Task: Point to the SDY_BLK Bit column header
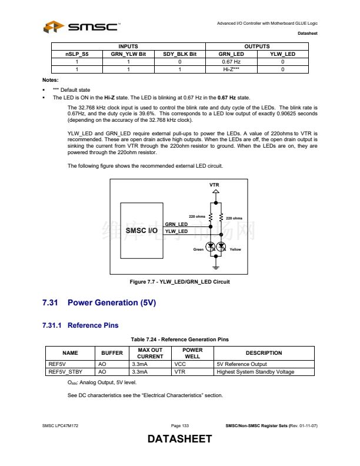179,54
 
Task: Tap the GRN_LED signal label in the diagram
176,225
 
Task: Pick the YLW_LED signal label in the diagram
176,231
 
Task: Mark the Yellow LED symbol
222,247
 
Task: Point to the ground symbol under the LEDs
216,268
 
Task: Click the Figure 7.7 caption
179,282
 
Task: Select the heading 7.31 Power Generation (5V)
99,303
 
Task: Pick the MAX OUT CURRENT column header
150,353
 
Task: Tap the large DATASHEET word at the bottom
179,440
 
